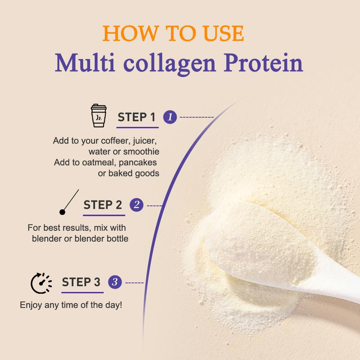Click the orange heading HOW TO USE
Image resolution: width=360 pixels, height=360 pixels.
click(x=173, y=33)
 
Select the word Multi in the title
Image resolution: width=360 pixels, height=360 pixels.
click(x=85, y=63)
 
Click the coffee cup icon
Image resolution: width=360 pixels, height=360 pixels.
click(x=99, y=116)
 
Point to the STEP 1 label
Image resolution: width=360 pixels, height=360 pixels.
click(x=136, y=117)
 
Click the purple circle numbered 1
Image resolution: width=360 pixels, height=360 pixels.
click(x=170, y=117)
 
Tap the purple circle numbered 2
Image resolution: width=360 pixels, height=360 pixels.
click(x=136, y=205)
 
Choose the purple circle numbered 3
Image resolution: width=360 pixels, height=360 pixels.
click(x=115, y=282)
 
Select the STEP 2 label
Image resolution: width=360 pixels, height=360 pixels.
click(x=103, y=205)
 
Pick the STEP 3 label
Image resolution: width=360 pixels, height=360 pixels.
click(x=81, y=282)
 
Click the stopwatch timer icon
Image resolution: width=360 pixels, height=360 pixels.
click(x=41, y=283)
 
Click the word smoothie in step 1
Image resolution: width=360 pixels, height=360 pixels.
click(x=141, y=152)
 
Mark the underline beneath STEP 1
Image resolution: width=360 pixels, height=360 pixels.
click(x=137, y=127)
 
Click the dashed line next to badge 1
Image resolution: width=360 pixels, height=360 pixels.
click(x=197, y=117)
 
